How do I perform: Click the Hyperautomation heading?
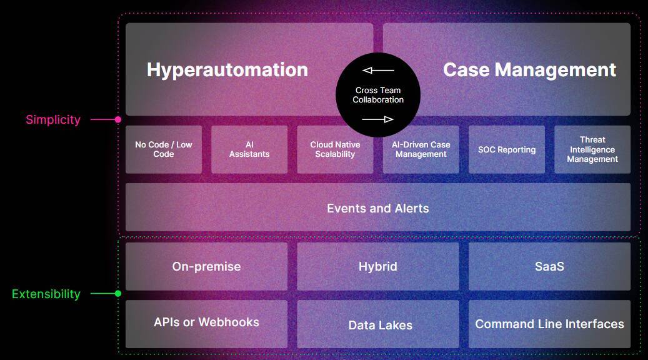pos(227,69)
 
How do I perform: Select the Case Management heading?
pos(529,69)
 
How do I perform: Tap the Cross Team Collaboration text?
pos(378,95)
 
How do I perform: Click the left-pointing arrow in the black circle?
pos(378,71)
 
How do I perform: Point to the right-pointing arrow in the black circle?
pos(378,119)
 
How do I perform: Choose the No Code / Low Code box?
pos(164,149)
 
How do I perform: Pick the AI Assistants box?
pos(249,149)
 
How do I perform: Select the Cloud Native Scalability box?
pos(335,149)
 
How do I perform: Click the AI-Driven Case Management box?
pos(421,149)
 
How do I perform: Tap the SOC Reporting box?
pos(507,149)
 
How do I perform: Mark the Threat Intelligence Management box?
pos(592,149)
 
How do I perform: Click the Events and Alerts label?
pos(378,208)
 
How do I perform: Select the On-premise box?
pos(206,266)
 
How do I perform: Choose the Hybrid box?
pos(378,266)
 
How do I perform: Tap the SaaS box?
pos(549,266)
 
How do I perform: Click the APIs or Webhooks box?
pos(206,323)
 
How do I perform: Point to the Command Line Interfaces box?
pos(549,324)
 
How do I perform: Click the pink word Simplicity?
pos(53,119)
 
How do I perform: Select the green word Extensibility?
pos(46,294)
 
